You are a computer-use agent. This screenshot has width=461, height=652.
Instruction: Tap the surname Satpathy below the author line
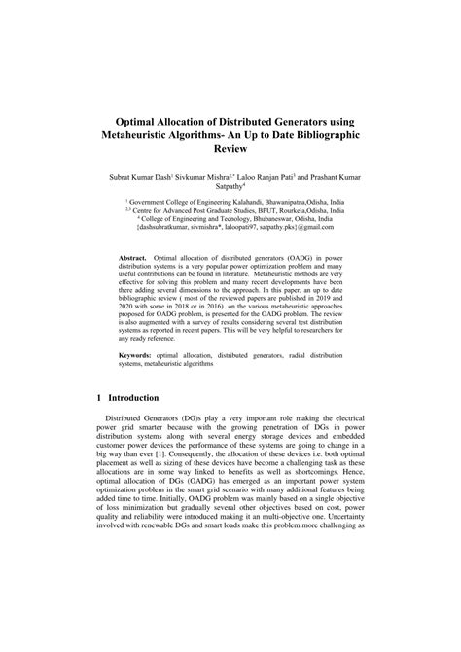click(x=230, y=192)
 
